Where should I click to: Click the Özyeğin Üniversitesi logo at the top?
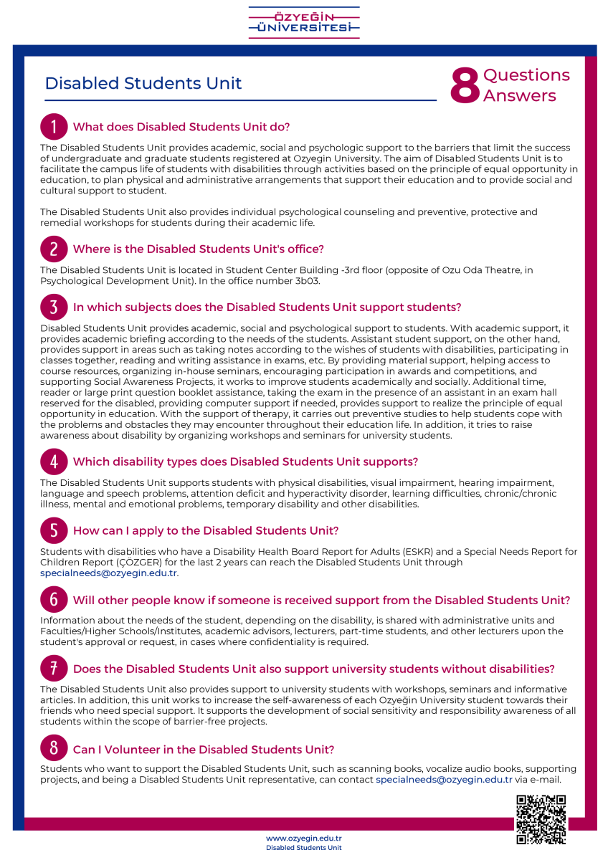304,22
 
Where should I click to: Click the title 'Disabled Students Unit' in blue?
143,83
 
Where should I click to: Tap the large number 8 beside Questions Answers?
465,86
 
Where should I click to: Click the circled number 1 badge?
54,127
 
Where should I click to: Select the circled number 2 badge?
54,249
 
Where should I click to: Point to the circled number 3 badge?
54,307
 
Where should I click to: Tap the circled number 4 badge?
54,462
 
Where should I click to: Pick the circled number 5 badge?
54,530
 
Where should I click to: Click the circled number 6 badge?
54,600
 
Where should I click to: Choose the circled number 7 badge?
54,669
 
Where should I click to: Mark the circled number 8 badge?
54,749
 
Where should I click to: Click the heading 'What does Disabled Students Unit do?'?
181,128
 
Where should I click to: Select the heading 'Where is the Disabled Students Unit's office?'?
199,249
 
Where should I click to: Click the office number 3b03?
307,280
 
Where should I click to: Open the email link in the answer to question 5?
109,573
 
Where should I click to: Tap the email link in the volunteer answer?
444,780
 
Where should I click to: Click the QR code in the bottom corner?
541,819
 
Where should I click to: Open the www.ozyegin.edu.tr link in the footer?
303,838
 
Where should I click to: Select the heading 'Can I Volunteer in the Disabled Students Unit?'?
204,750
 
